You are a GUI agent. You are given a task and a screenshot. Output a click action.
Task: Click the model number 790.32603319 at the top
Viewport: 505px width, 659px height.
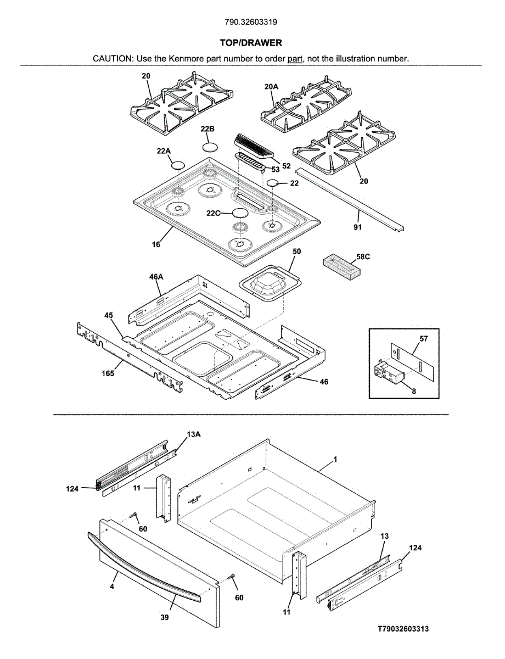click(251, 22)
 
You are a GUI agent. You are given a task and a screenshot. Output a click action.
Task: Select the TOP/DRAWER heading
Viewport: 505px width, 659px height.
click(251, 43)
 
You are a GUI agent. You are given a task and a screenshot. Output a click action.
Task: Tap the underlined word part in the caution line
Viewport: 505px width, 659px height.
click(295, 59)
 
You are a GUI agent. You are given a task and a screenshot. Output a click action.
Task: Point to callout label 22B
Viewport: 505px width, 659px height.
click(207, 129)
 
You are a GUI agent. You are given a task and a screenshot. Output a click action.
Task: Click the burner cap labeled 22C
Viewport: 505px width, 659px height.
click(240, 213)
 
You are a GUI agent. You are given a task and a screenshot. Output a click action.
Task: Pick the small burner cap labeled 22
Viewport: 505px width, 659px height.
click(272, 183)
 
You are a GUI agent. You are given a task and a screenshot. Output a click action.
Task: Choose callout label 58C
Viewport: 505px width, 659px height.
click(363, 257)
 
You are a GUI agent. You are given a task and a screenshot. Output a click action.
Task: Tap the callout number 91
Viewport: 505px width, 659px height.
click(358, 227)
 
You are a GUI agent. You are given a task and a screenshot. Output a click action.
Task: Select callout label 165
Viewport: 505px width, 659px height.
click(108, 373)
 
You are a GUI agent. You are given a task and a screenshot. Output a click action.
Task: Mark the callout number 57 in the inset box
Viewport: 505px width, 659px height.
click(423, 338)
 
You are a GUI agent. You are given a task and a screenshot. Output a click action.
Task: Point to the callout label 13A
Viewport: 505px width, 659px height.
click(193, 434)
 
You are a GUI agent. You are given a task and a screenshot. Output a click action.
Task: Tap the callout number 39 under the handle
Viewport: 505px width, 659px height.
click(165, 617)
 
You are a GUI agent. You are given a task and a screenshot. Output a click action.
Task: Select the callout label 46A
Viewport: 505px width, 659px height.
click(156, 277)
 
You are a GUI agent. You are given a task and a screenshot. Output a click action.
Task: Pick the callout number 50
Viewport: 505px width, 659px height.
click(297, 252)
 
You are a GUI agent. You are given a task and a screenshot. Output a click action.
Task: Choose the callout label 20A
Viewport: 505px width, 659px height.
click(271, 87)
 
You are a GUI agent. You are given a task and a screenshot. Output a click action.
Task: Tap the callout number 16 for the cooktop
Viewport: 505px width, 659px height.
click(156, 244)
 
